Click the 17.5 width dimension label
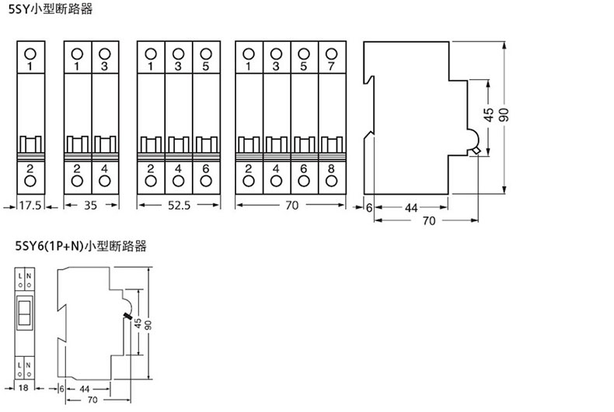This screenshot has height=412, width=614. click(30, 206)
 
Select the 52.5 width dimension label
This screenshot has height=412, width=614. click(178, 206)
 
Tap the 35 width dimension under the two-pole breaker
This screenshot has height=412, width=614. click(91, 206)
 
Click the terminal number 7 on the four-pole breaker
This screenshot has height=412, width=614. click(331, 68)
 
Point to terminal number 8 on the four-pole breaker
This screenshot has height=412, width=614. click(331, 168)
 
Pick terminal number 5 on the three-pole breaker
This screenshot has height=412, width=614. click(205, 68)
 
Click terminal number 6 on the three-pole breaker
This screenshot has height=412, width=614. click(205, 168)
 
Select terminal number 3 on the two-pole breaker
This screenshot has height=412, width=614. click(106, 68)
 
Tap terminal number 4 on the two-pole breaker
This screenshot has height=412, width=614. click(106, 168)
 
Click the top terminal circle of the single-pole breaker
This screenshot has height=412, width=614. click(30, 53)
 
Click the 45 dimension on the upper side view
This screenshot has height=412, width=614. click(487, 114)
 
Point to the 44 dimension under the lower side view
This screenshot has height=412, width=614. click(85, 387)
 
